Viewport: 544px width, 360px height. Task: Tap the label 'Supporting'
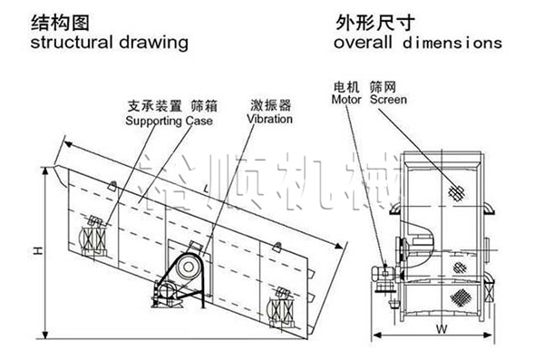pos(152,119)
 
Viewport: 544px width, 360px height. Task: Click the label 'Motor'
pos(347,100)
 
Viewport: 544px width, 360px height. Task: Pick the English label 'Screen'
pos(388,100)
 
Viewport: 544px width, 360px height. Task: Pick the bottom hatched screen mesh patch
pos(463,297)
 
